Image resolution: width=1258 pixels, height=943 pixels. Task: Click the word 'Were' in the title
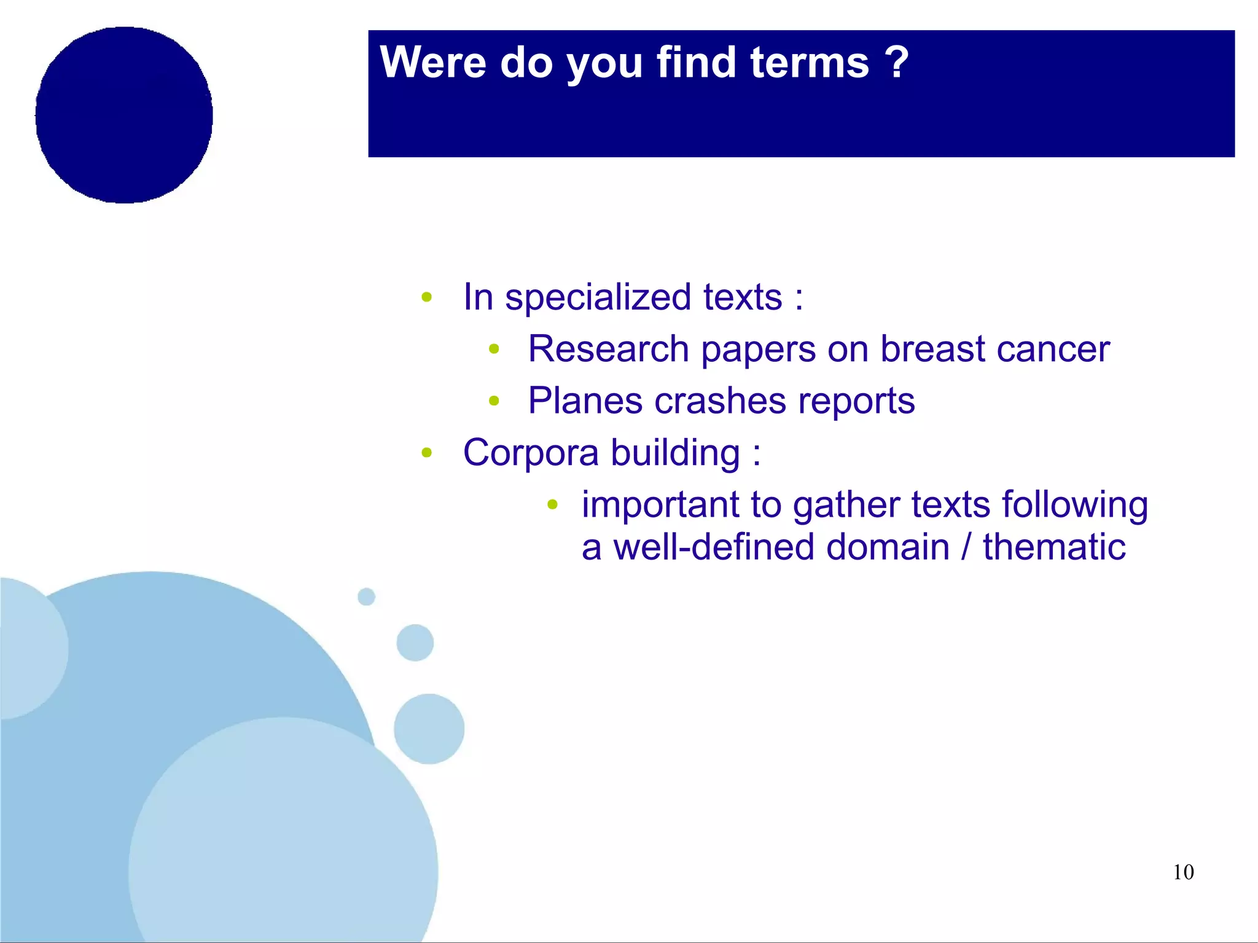[x=432, y=63]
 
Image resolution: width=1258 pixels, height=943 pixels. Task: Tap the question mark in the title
[x=897, y=63]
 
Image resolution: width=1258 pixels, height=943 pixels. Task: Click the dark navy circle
[x=124, y=115]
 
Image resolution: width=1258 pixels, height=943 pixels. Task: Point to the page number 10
[x=1183, y=872]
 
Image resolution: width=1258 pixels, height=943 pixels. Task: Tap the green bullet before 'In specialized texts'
[x=427, y=298]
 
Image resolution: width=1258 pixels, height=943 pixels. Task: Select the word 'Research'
[x=608, y=350]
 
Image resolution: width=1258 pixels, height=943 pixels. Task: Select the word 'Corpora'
[x=531, y=453]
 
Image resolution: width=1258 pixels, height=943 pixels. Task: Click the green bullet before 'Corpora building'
[x=427, y=453]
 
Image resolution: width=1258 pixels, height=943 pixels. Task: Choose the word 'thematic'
[x=1054, y=547]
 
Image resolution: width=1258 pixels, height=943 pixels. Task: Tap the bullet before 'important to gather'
[x=552, y=505]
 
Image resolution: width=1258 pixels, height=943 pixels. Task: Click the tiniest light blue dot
[x=366, y=597]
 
